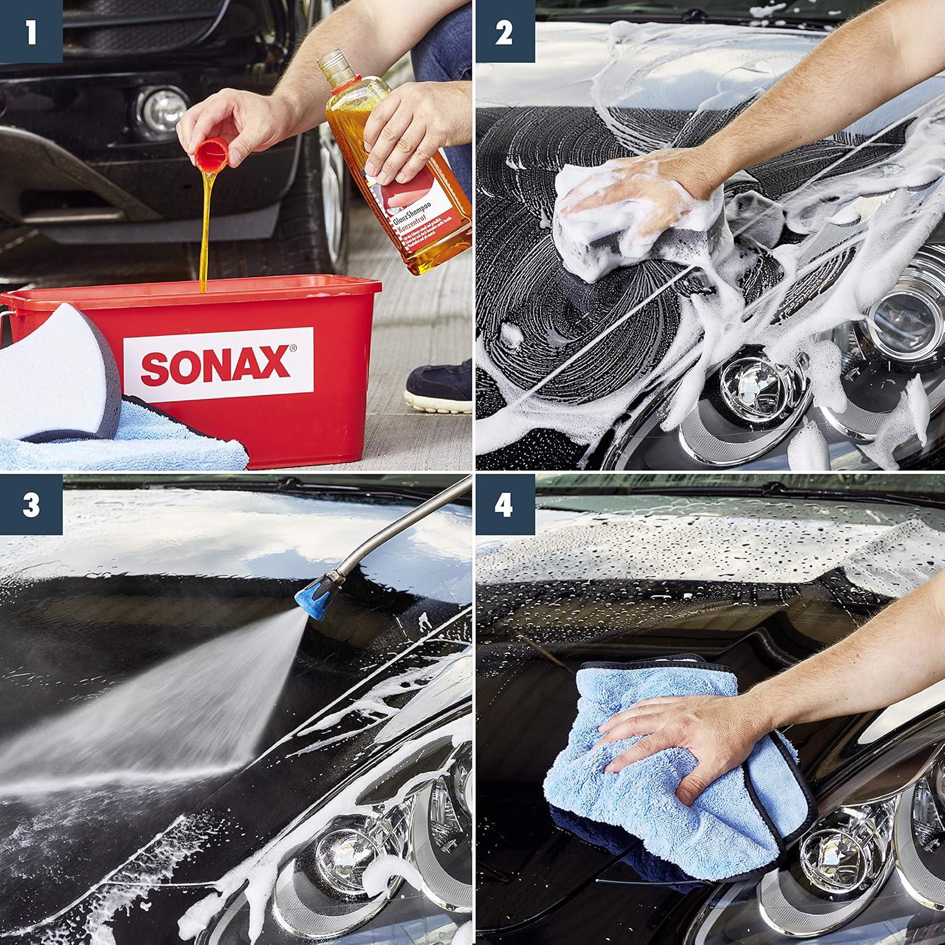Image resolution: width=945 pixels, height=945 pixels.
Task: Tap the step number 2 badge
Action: click(504, 31)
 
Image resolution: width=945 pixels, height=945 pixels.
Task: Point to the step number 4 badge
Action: click(504, 505)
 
